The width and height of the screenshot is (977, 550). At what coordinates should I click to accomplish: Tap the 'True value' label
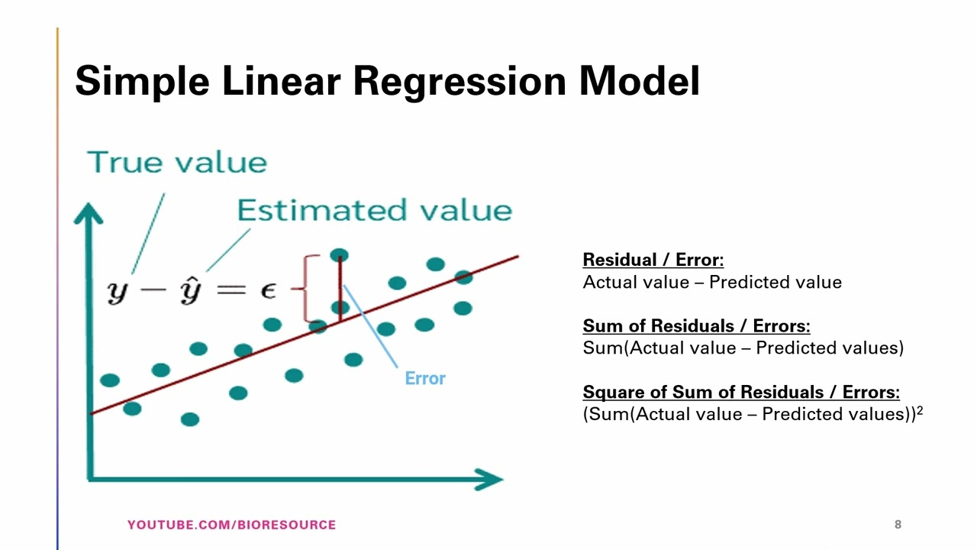coord(177,163)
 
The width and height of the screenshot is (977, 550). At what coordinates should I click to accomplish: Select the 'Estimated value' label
coord(374,210)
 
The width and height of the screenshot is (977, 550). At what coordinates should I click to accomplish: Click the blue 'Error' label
coord(424,378)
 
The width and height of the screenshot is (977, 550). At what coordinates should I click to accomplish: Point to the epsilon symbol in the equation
coord(269,290)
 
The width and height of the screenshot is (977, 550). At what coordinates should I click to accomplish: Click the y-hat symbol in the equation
coord(189,290)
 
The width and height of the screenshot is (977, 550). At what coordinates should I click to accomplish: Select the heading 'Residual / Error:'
coord(653,260)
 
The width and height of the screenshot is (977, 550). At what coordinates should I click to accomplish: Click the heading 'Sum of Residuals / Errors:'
coord(696,326)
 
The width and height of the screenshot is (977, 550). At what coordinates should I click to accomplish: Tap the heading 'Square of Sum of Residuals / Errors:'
coord(740,392)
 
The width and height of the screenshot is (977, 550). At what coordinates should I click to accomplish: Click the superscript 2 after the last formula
coord(920,410)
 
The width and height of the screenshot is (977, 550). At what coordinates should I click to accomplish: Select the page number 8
coord(898,524)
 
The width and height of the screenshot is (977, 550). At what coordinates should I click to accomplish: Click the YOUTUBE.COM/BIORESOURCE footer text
coord(231,525)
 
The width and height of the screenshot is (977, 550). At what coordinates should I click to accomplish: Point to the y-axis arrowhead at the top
coord(89,212)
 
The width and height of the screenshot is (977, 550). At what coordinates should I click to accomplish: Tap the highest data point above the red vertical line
coord(339,255)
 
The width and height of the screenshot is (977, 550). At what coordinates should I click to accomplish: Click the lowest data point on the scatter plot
coord(190,419)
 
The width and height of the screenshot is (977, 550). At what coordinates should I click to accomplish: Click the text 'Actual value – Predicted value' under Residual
coord(711,283)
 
